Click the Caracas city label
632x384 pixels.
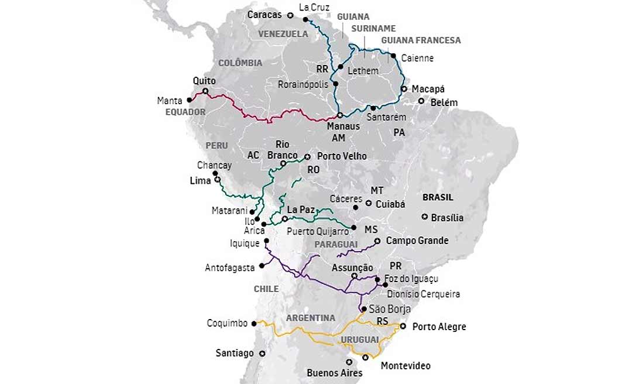tap(264, 15)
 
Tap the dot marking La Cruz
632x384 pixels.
tap(305, 19)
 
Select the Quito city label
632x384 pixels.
tap(204, 81)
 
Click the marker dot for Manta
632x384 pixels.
tap(189, 100)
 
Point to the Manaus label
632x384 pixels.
tap(344, 126)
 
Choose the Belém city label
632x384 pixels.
tap(445, 102)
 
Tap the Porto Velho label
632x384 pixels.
tap(342, 156)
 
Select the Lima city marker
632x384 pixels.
tap(217, 180)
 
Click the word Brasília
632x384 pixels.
tap(447, 218)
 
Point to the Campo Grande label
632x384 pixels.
tap(417, 241)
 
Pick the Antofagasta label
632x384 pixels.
tap(229, 268)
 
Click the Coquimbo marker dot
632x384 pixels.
tap(254, 323)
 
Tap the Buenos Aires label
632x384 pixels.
tap(335, 373)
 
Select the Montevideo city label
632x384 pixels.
tap(406, 366)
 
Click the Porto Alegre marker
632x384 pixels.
tap(403, 325)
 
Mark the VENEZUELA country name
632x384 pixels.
tap(283, 34)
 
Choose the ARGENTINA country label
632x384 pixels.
tap(311, 318)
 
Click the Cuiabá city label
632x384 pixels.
tap(390, 204)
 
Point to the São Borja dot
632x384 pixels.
tap(364, 308)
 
